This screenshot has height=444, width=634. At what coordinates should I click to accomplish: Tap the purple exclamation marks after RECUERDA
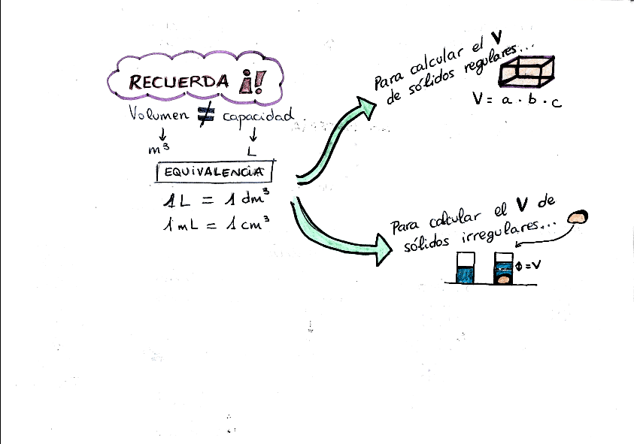247,82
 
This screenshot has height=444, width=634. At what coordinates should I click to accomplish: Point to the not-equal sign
208,113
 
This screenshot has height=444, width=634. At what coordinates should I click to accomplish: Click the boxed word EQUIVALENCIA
214,172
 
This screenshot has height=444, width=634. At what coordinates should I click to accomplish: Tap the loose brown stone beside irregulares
578,217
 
